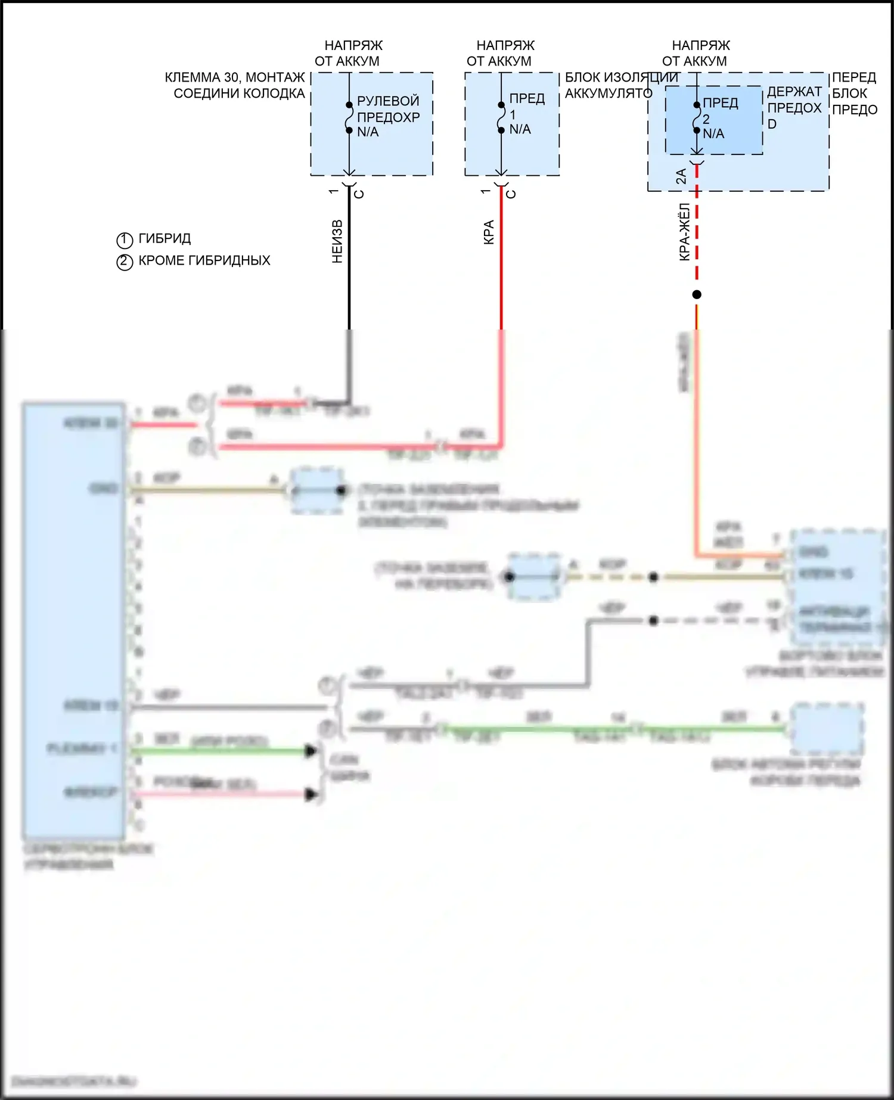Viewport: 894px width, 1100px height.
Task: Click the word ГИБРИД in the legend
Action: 164,238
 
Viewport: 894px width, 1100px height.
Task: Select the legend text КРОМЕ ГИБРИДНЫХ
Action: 204,260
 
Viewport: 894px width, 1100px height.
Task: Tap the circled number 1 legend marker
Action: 125,240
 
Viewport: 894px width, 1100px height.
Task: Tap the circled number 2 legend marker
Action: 125,262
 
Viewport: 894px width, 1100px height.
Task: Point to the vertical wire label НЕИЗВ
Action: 337,242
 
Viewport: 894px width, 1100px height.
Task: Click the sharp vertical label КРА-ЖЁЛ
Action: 684,232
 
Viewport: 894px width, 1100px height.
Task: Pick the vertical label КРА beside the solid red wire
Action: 489,232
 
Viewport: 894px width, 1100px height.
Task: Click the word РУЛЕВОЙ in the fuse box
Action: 388,101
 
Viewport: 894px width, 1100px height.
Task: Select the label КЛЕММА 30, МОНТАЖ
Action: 235,77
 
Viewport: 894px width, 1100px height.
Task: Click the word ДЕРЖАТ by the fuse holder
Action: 794,92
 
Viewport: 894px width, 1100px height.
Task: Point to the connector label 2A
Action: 681,176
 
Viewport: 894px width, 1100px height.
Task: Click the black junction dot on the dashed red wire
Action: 697,294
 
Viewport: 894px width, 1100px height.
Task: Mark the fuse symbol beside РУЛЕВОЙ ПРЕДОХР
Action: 349,117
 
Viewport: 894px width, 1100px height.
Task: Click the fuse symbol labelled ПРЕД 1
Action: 501,117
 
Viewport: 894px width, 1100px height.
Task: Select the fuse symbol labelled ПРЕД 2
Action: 697,117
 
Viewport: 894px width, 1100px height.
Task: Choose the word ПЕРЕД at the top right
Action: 853,77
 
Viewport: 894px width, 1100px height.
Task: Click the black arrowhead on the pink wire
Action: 311,794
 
